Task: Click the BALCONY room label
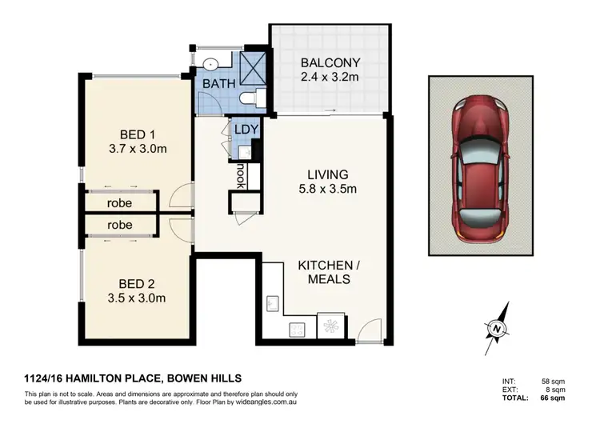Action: point(330,62)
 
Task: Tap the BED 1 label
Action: point(138,134)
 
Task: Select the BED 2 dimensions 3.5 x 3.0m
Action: point(137,298)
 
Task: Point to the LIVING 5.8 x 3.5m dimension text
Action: point(328,189)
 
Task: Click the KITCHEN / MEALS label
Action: point(329,272)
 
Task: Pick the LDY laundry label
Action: point(246,130)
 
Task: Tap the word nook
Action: point(241,176)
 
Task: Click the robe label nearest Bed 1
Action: point(119,203)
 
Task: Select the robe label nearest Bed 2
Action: point(119,225)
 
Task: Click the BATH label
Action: point(219,84)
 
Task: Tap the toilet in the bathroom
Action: point(253,97)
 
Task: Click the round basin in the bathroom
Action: point(210,64)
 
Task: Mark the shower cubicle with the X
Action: point(253,69)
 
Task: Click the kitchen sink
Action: point(273,303)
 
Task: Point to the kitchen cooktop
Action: point(297,330)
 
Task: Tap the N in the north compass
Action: point(497,329)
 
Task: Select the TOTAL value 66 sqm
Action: point(553,398)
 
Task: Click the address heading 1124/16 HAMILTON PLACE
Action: point(91,378)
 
